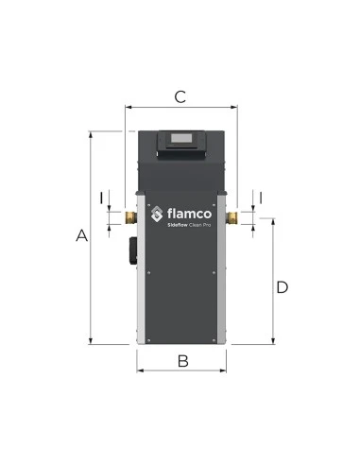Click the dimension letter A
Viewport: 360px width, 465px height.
tap(81, 235)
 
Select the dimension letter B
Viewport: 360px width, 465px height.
tap(182, 361)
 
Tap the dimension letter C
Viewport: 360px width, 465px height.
tap(180, 96)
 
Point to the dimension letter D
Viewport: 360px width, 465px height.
tap(282, 287)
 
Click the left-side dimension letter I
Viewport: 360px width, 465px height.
tap(101, 198)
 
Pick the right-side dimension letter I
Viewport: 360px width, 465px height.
tap(261, 198)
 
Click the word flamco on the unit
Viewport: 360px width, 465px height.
tap(189, 214)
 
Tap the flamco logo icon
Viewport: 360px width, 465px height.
tap(157, 214)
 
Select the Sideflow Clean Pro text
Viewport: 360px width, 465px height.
tap(189, 225)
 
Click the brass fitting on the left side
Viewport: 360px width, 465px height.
tap(130, 217)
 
